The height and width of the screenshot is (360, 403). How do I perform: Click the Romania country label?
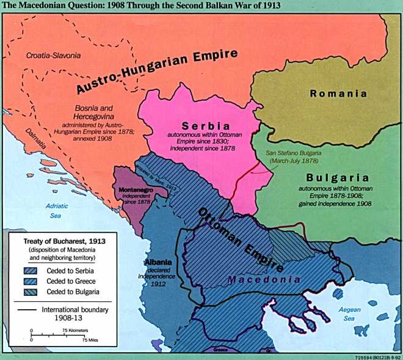point(338,94)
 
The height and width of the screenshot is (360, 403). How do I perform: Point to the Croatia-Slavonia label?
point(54,56)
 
